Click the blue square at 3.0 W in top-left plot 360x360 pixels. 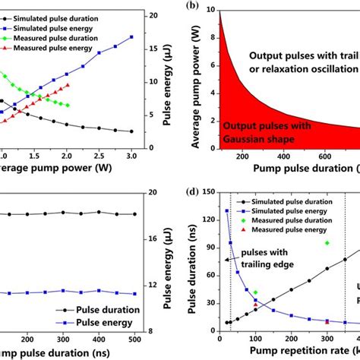click(131, 36)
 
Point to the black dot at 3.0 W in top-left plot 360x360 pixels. click(131, 131)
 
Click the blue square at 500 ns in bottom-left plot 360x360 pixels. click(134, 294)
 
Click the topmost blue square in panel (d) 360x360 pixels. click(227, 210)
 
